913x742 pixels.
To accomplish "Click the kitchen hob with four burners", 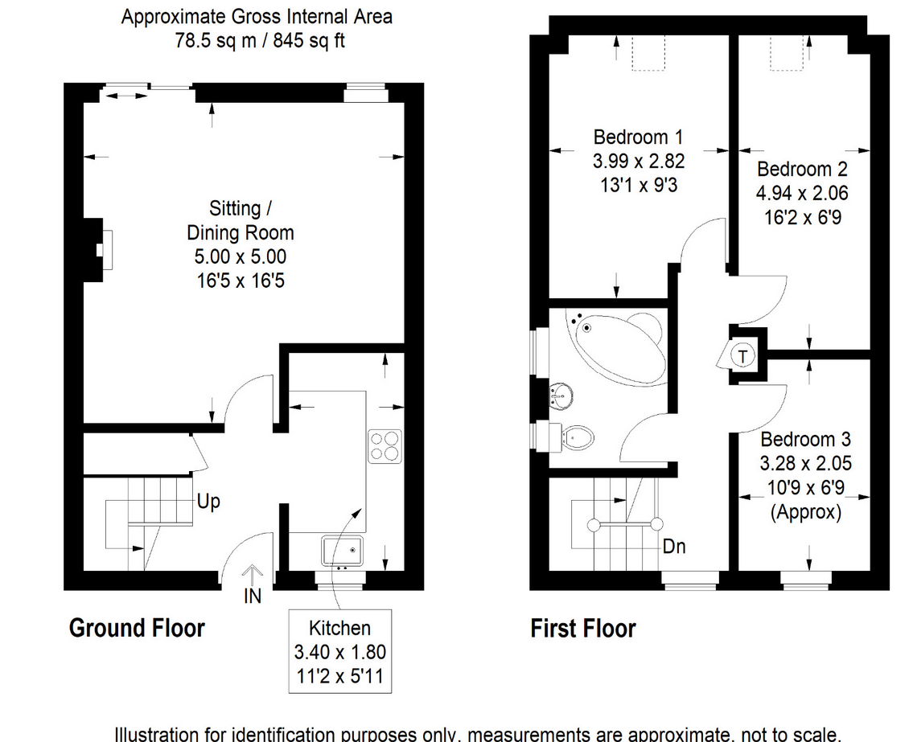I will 385,446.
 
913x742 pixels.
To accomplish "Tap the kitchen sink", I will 343,551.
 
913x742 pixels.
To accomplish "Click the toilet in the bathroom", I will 578,437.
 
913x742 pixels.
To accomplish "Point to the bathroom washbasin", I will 561,395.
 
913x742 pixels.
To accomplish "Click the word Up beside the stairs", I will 208,502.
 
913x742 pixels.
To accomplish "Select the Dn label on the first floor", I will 674,547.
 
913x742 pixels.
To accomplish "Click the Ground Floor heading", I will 137,628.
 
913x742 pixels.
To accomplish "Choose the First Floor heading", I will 583,628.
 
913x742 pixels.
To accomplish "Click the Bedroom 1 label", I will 638,137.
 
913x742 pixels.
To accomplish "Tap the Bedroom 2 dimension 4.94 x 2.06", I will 802,193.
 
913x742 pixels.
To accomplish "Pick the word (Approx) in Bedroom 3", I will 806,512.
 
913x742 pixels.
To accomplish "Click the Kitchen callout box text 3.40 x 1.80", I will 341,651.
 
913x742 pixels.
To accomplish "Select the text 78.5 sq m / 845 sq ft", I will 260,40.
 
